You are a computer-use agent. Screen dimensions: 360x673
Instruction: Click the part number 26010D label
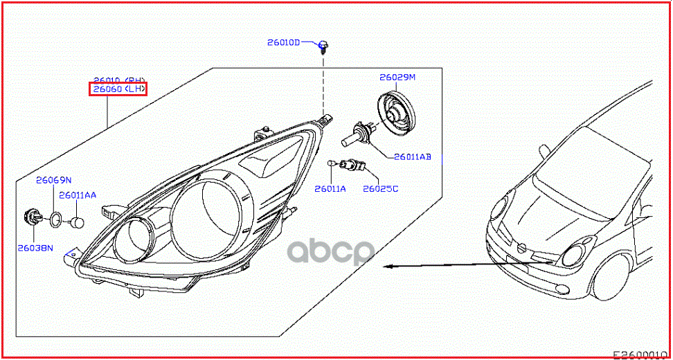(x=284, y=42)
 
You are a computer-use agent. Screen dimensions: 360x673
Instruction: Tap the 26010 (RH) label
(x=119, y=80)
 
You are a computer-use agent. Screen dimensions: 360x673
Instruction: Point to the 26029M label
(x=397, y=77)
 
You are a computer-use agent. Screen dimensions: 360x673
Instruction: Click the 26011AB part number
(x=413, y=157)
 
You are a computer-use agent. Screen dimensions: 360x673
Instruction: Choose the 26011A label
(x=330, y=188)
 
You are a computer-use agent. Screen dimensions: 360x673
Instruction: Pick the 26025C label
(x=381, y=188)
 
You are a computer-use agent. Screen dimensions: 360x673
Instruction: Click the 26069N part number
(x=54, y=181)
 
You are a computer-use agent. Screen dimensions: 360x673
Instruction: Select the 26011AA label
(x=78, y=195)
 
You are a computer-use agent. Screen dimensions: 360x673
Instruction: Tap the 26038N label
(x=36, y=246)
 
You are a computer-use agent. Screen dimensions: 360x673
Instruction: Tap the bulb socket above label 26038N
(x=32, y=217)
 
